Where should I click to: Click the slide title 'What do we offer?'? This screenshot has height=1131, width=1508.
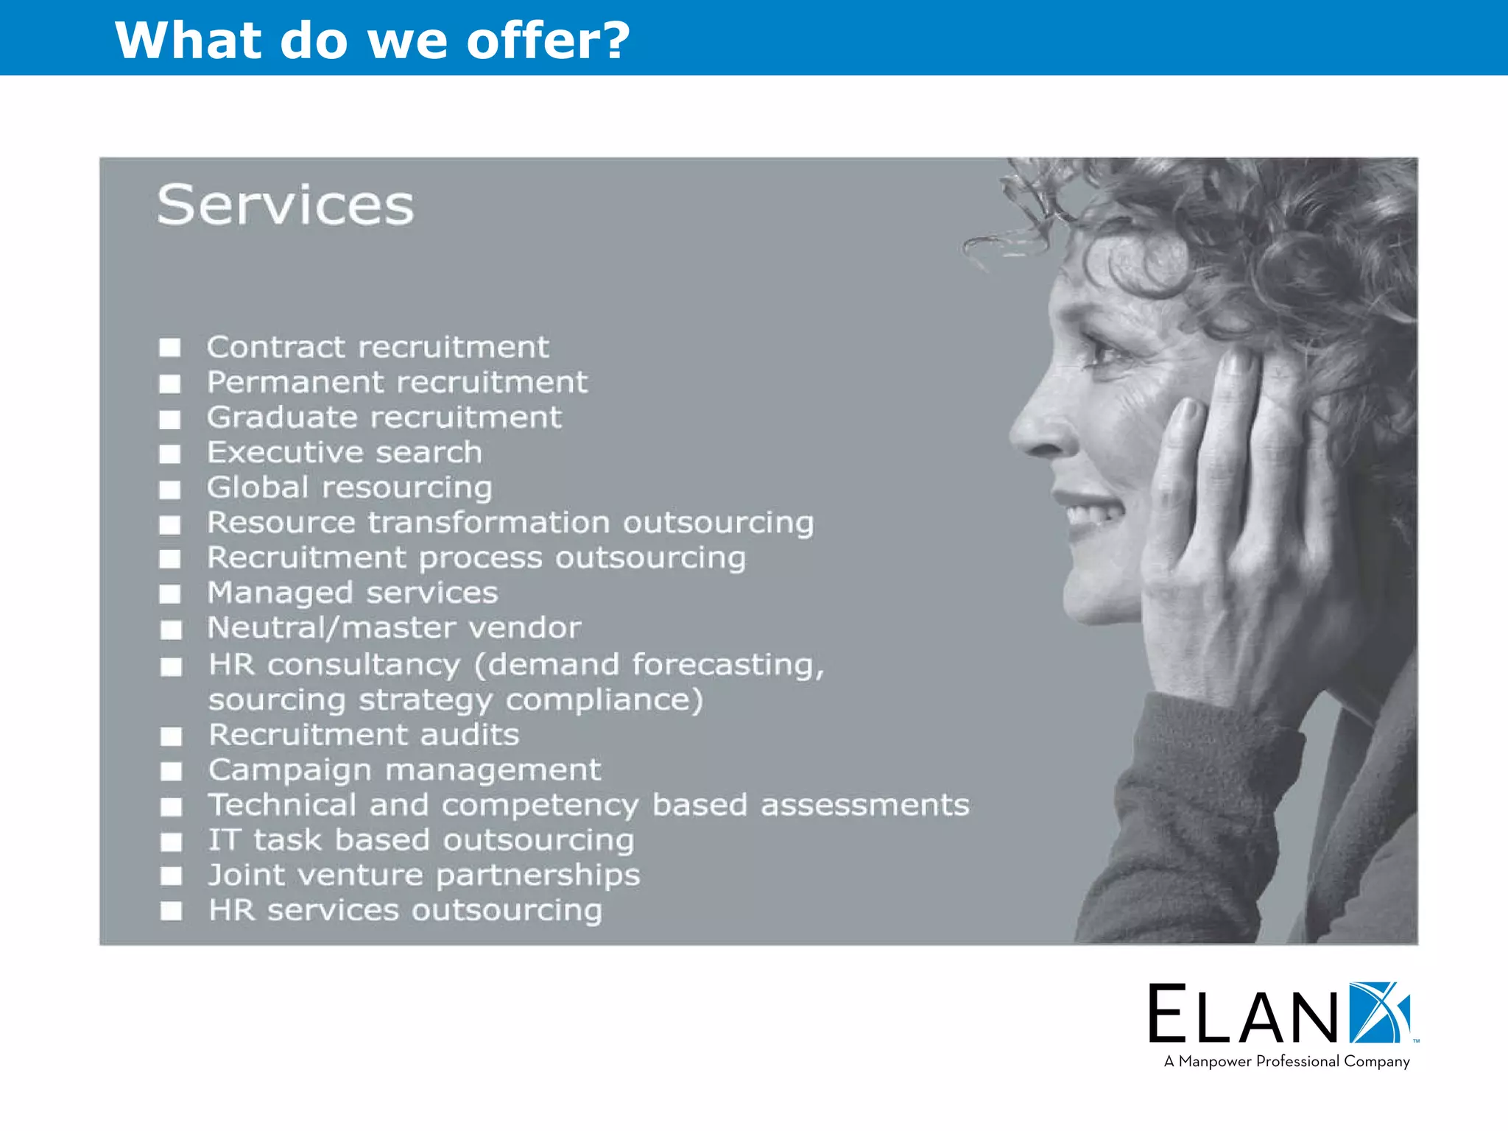[x=372, y=40]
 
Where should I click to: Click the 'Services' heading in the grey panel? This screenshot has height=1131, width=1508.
[x=286, y=205]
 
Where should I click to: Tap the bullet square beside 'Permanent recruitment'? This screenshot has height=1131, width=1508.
[x=170, y=384]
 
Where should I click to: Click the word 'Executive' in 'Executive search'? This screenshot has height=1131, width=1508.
[x=285, y=452]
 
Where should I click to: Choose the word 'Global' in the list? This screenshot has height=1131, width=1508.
[x=258, y=487]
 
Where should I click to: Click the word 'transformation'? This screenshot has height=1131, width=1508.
[x=489, y=522]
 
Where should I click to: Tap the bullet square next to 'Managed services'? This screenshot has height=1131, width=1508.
[x=170, y=593]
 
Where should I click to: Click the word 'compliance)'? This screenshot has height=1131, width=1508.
[x=604, y=700]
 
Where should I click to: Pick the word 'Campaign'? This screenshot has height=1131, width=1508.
[x=290, y=771]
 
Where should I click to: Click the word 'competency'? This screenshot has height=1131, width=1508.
[x=540, y=806]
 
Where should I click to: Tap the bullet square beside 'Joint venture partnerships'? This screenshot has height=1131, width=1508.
[x=172, y=875]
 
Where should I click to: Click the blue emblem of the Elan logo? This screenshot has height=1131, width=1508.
[x=1378, y=1012]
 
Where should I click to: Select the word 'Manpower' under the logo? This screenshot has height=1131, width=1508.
[x=1216, y=1061]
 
